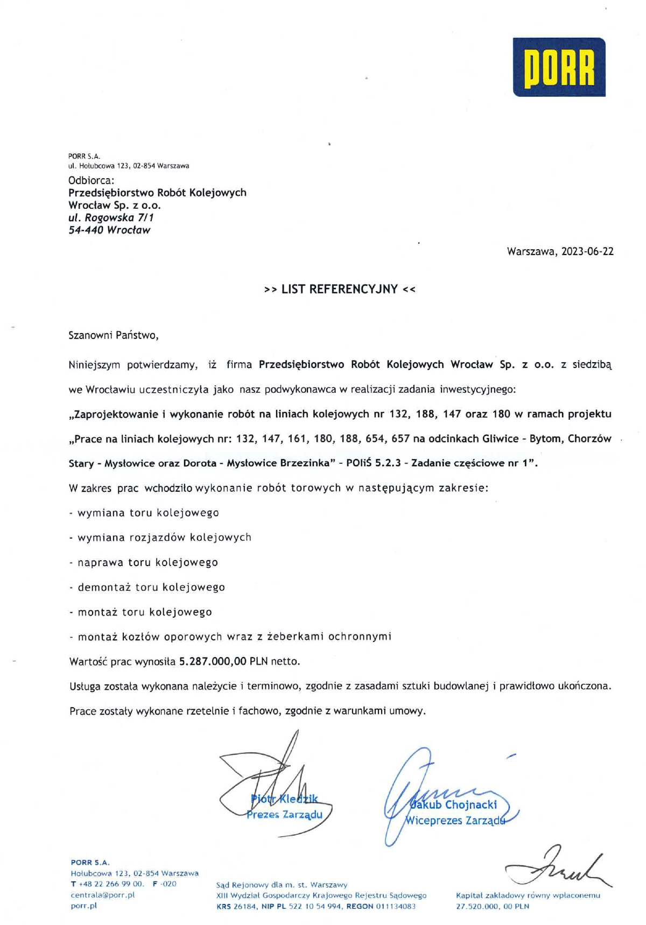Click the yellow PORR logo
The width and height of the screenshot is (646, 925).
point(559,67)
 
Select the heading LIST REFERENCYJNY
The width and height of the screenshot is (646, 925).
point(340,289)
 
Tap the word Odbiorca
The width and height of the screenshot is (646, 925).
point(91,180)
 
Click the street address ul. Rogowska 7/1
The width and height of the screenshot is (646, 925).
point(111,218)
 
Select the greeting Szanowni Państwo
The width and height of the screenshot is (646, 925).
point(113,335)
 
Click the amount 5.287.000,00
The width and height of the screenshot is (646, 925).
point(213,661)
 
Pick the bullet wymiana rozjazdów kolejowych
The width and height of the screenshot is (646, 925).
point(164,538)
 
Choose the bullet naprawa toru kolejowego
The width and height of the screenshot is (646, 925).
point(148,562)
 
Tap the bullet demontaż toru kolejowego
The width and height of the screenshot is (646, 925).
point(151,587)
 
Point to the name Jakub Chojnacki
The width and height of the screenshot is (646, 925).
point(454,805)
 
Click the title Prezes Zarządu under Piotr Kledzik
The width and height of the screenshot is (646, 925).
point(284,815)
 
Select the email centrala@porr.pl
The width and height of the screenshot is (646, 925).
point(102,895)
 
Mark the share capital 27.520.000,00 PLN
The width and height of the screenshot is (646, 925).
point(493,906)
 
